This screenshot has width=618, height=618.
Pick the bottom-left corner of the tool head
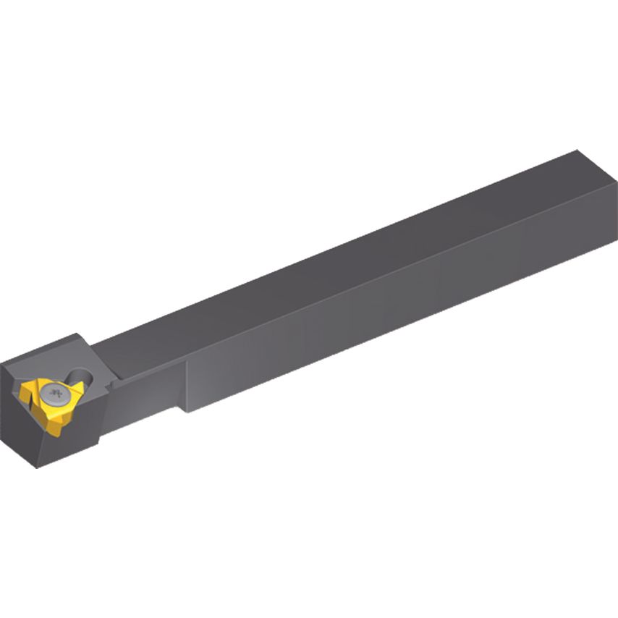tap(38, 466)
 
